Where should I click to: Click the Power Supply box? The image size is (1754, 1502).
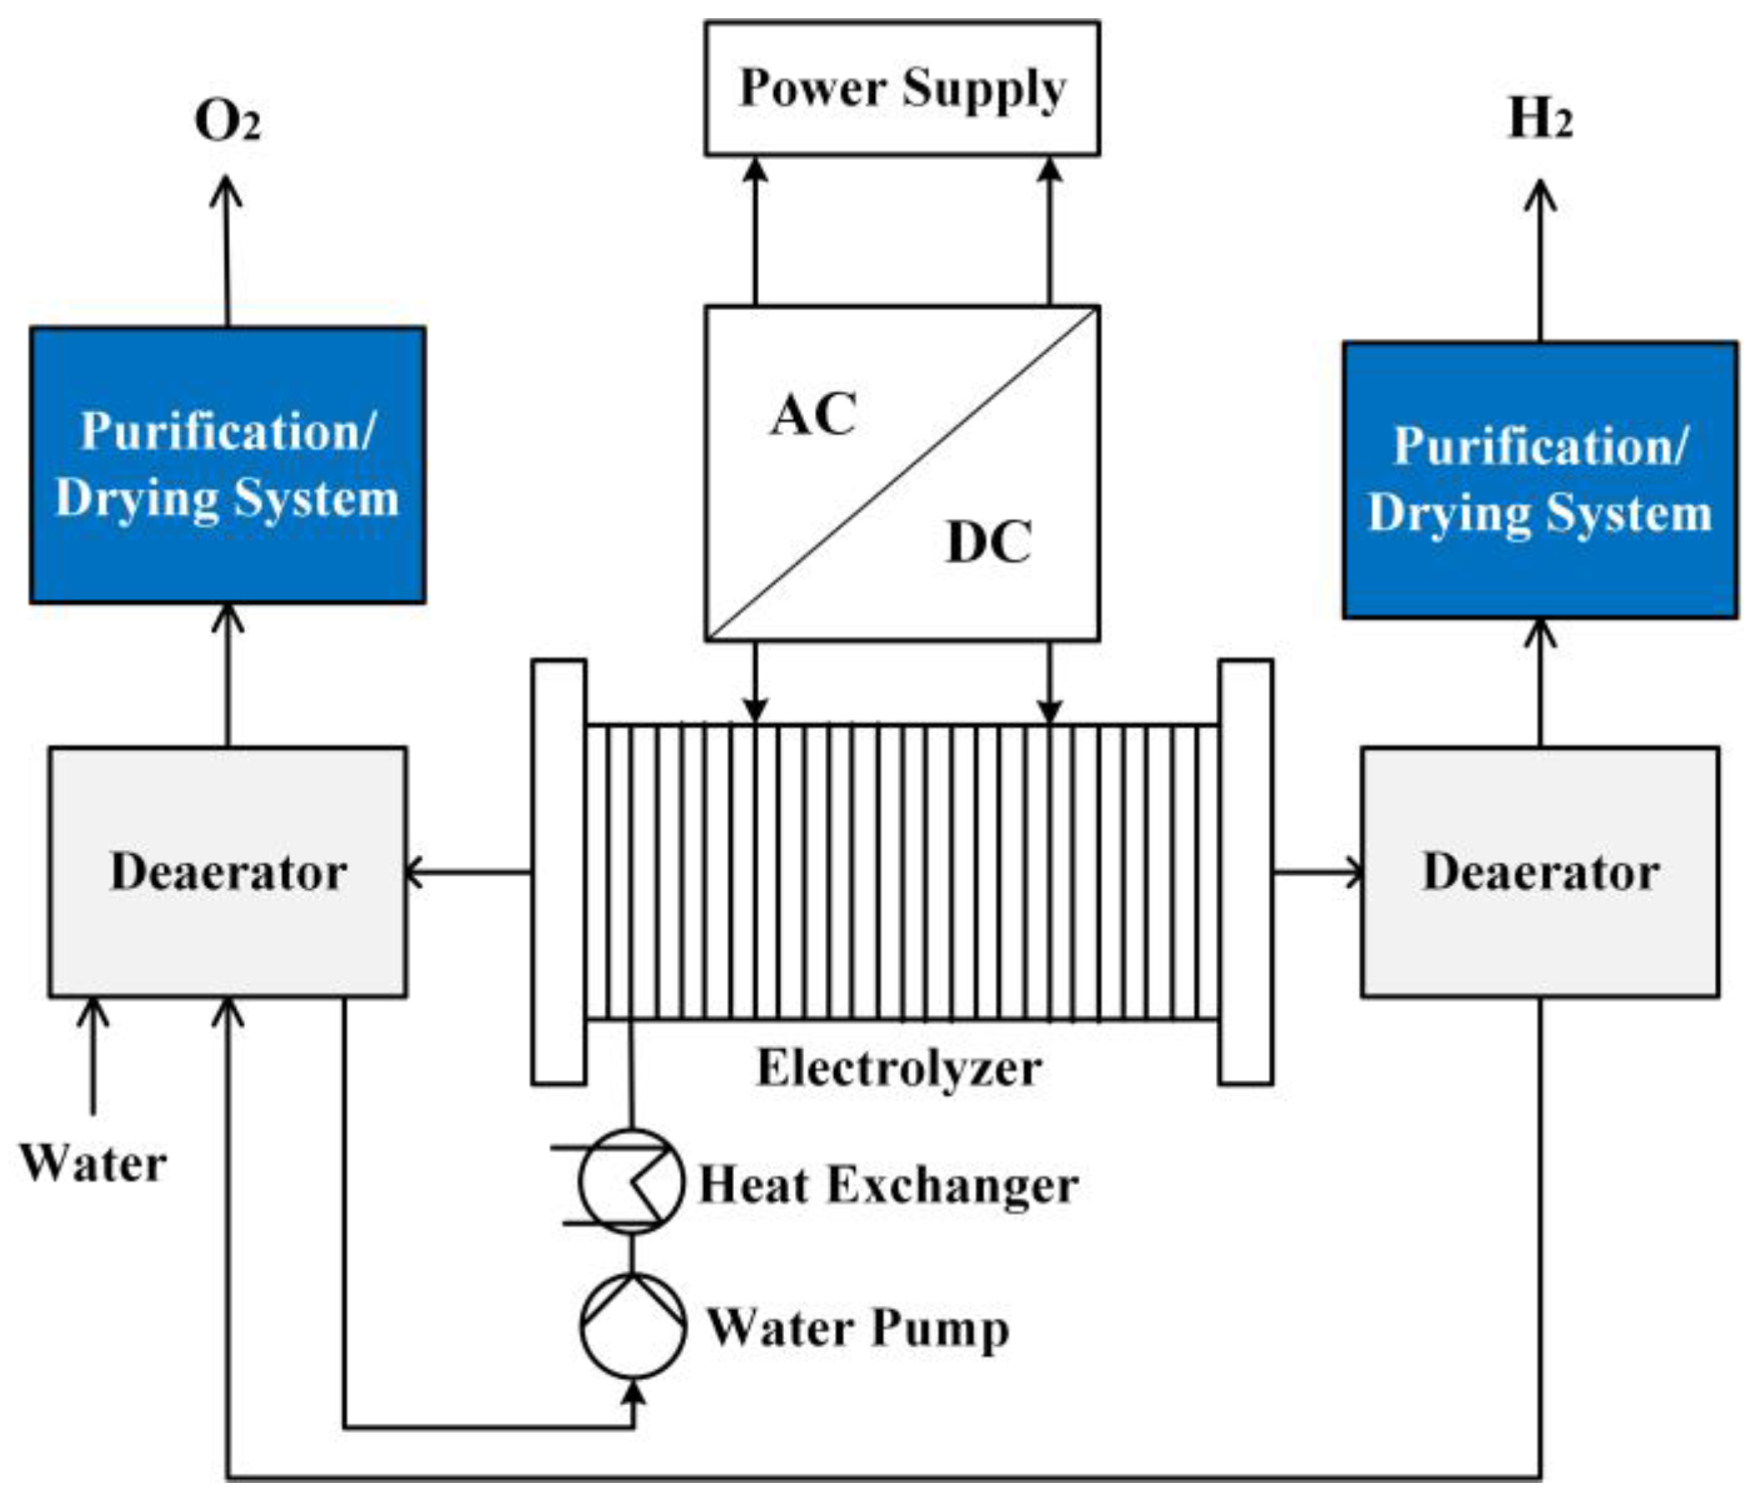coord(902,88)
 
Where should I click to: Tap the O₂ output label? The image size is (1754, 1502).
coord(227,120)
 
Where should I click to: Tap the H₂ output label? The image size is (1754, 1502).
coord(1540,118)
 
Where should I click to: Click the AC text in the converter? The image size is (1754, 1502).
coord(812,414)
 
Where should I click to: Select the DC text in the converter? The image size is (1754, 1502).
coord(988,542)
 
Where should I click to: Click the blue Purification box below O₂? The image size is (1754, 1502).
coord(227,465)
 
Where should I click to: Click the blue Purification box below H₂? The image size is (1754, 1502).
coord(1540,480)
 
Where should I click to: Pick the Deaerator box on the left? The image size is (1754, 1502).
coord(227,872)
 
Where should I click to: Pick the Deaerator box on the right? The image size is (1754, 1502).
coord(1540,872)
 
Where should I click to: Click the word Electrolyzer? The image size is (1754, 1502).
coord(899,1067)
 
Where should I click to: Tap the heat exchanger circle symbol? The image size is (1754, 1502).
coord(631,1182)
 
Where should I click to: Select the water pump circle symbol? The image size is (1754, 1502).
coord(632,1327)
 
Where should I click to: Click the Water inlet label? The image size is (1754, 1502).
coord(93,1163)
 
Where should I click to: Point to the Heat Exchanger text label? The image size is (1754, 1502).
coord(888,1184)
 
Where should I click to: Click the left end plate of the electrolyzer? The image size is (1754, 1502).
coord(559,872)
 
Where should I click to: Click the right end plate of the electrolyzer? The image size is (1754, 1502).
coord(1245,872)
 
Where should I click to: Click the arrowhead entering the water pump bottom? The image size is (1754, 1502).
coord(633,1393)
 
